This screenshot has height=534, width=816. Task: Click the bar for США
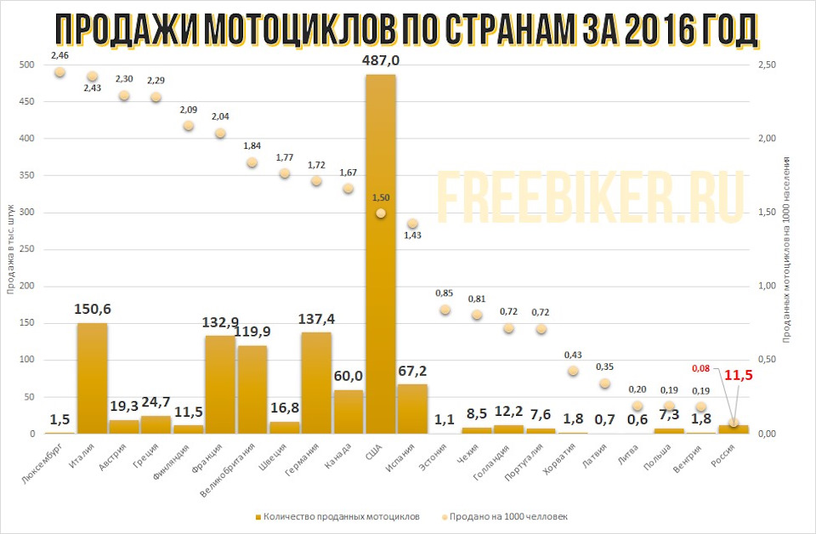(380, 255)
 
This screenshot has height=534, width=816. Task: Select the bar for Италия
(92, 378)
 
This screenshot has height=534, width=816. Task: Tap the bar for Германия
(316, 383)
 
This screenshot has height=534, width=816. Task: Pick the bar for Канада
(348, 412)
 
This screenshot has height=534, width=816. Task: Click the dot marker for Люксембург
(59, 72)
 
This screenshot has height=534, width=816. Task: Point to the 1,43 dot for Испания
(412, 224)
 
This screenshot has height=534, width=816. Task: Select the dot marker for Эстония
(445, 310)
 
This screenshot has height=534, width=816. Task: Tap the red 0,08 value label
(700, 369)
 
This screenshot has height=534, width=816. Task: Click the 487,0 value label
(381, 60)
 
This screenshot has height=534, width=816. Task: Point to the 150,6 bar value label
(92, 308)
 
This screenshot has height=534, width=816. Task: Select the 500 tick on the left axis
(26, 65)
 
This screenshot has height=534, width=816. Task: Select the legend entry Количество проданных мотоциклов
(341, 516)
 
